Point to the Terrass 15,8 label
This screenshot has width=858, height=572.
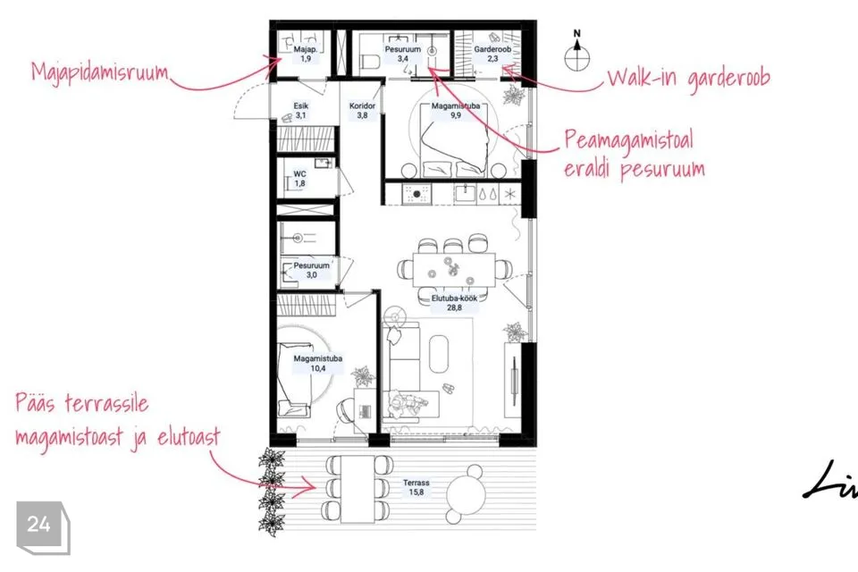point(416,487)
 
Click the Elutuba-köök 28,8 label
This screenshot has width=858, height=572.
point(454,303)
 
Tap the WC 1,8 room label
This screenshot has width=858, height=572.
point(300,179)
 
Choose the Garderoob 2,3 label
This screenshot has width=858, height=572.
point(492,54)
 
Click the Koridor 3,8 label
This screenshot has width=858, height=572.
point(362,111)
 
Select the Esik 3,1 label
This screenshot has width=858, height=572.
point(301,111)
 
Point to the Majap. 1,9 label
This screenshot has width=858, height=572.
point(306,54)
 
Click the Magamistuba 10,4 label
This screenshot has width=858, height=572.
point(318,364)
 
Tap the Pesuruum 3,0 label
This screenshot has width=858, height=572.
point(311,270)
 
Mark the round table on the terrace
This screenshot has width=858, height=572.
point(467,493)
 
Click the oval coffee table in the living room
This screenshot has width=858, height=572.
point(438,354)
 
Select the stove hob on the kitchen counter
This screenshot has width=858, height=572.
point(416,194)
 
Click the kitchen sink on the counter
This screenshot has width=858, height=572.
point(467,194)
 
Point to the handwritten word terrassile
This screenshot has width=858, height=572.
point(106,404)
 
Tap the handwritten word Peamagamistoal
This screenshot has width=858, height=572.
point(628,141)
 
